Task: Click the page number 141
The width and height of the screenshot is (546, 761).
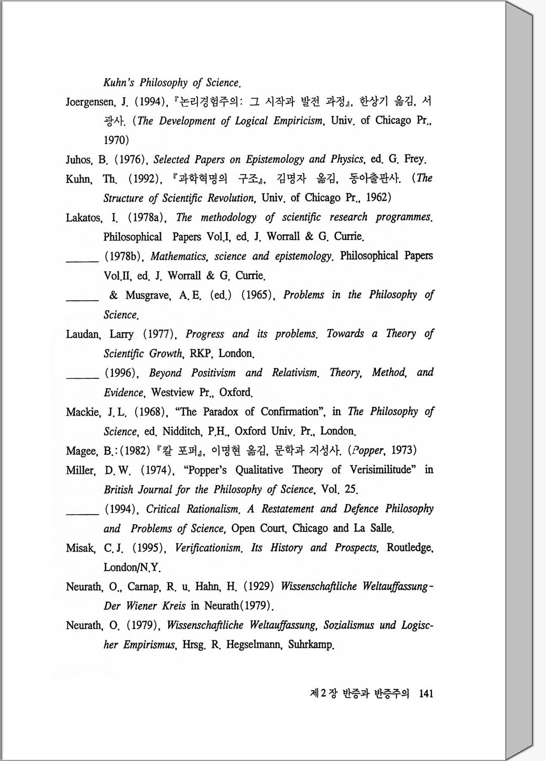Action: (x=426, y=694)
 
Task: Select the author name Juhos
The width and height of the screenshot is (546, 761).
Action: (x=78, y=159)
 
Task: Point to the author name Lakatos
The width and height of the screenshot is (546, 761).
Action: (x=83, y=218)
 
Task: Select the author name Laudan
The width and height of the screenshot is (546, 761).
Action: (x=83, y=335)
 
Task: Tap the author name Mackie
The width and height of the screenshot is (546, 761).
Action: (x=83, y=412)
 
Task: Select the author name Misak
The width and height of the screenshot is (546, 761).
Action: (x=80, y=548)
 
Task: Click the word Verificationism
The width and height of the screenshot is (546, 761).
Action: (x=208, y=548)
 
